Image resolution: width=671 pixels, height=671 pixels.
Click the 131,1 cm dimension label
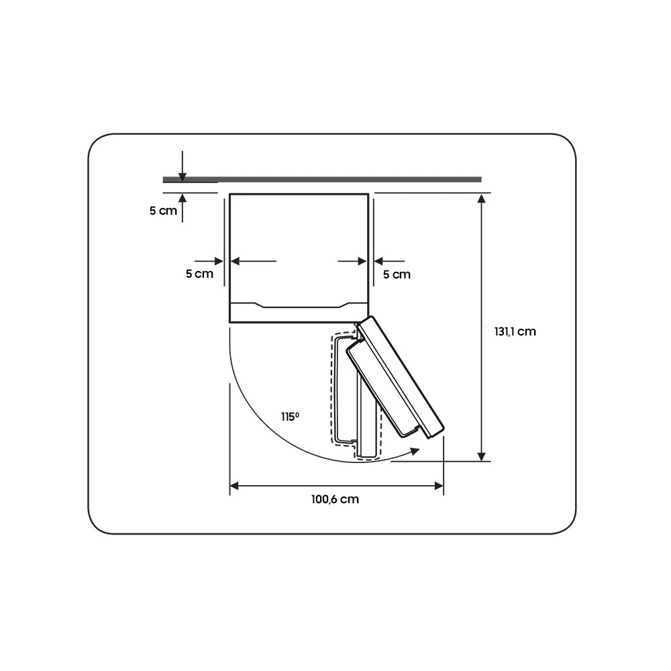click(515, 331)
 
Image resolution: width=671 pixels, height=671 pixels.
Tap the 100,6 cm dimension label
click(335, 499)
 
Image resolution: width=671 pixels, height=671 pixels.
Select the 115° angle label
click(290, 417)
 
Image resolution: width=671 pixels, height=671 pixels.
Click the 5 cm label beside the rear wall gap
click(163, 211)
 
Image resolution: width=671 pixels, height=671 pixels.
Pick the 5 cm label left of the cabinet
click(199, 274)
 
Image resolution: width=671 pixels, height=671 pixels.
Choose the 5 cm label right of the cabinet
click(397, 274)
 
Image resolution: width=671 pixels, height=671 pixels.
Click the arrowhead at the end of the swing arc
click(414, 451)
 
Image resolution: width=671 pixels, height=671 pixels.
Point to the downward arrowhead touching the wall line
click(183, 176)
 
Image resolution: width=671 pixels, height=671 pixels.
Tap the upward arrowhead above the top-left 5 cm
click(183, 198)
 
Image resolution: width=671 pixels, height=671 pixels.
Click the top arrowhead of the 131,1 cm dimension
click(482, 199)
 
